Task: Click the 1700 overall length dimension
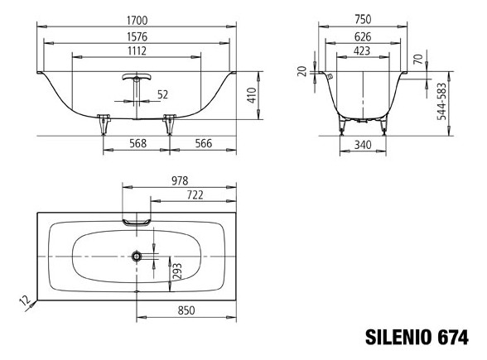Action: click(137, 21)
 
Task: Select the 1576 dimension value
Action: click(137, 36)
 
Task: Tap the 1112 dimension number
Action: click(137, 50)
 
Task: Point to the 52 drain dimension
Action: click(162, 94)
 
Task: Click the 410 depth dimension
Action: click(252, 95)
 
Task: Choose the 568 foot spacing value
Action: click(137, 143)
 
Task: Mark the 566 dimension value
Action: click(204, 143)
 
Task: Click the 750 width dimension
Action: click(363, 19)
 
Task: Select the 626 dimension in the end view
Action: click(363, 36)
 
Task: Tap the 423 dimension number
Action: click(362, 50)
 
